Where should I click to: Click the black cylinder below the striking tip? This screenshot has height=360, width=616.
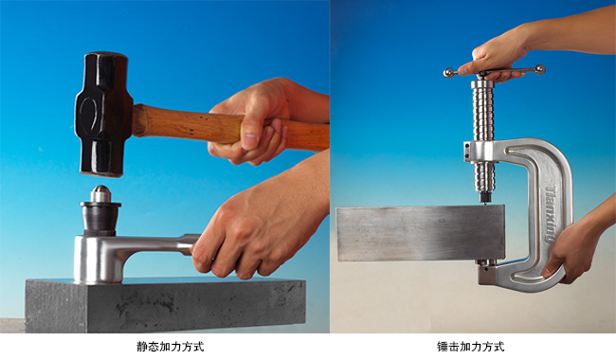[100, 220]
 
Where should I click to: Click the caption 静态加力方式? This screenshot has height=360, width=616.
[171, 347]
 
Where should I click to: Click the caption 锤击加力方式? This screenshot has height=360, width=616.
[471, 347]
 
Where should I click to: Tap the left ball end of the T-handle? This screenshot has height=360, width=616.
[449, 72]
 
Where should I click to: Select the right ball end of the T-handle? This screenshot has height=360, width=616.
[539, 68]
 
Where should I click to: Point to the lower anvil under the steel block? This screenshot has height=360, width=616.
[486, 265]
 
